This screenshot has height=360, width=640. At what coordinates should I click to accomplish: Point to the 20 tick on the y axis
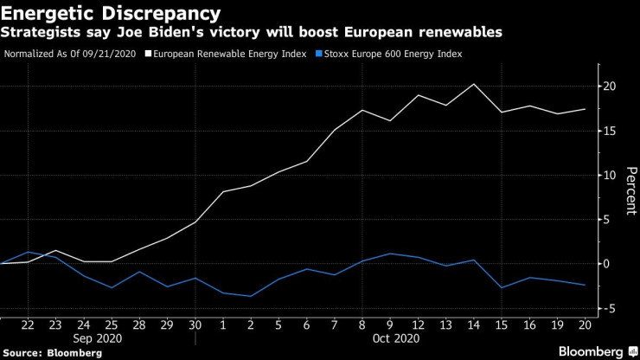pos(610,87)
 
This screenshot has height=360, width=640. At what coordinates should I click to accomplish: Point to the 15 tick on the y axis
pos(610,131)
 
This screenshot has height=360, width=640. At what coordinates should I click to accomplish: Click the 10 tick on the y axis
pos(610,175)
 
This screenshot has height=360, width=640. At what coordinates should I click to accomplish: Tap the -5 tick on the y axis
pos(610,308)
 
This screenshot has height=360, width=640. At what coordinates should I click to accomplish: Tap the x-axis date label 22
pos(28,325)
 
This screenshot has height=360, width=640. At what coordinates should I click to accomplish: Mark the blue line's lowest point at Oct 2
pos(251,296)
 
